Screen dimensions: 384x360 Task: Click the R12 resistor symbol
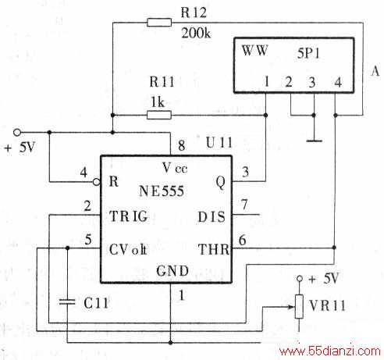click(x=159, y=23)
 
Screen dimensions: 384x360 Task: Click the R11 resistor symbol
click(x=159, y=115)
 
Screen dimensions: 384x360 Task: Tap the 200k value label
click(x=196, y=33)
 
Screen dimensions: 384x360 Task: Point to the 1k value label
click(x=158, y=102)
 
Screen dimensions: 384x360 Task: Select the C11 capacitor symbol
click(x=67, y=302)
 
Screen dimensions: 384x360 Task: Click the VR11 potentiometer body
click(x=299, y=306)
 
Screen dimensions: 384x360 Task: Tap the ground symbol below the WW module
click(x=314, y=141)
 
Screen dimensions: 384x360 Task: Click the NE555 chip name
click(x=162, y=191)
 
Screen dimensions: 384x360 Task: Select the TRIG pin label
click(x=129, y=216)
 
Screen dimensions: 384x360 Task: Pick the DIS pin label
click(x=212, y=216)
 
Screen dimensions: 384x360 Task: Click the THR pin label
click(x=214, y=249)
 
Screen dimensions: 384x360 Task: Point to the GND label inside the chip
click(x=172, y=271)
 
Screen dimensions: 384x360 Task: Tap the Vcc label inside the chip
click(x=175, y=168)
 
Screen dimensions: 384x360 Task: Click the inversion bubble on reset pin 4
click(x=97, y=182)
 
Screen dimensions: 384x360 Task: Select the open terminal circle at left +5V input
click(x=17, y=133)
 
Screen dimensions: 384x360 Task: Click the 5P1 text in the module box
click(x=308, y=53)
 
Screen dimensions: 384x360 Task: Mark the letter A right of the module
click(x=375, y=71)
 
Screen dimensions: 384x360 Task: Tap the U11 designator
click(x=219, y=143)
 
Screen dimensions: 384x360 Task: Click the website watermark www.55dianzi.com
click(x=330, y=351)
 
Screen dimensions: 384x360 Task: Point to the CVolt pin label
click(x=128, y=249)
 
